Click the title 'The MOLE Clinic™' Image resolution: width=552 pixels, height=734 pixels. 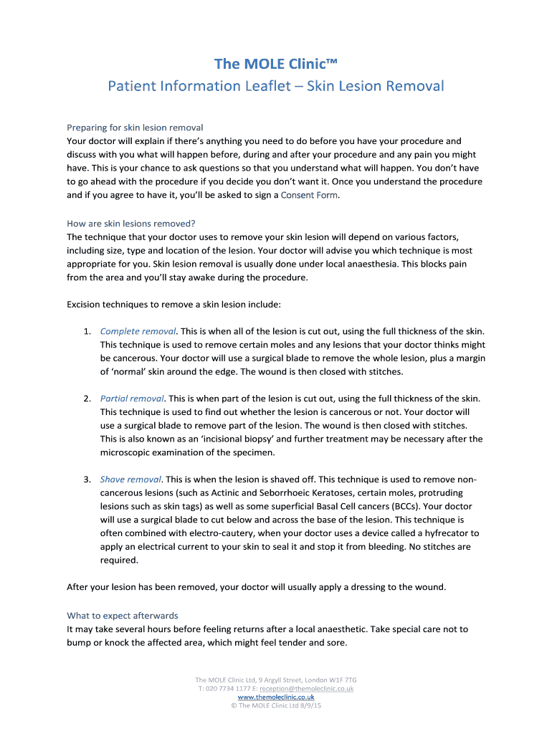[275, 64]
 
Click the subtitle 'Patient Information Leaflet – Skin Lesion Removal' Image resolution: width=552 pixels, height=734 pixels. [275, 86]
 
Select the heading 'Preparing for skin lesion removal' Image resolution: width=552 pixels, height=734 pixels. [135, 128]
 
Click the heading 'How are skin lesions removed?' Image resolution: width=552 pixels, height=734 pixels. [130, 223]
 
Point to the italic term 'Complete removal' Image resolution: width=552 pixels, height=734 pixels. [138, 331]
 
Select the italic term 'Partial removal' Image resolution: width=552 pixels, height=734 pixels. [132, 399]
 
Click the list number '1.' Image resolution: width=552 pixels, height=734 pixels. [86, 331]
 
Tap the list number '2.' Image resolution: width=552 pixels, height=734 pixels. [86, 399]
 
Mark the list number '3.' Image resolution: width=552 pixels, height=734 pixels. [86, 480]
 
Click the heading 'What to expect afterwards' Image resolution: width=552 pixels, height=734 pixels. [122, 615]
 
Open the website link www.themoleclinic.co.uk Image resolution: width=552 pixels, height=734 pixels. [275, 697]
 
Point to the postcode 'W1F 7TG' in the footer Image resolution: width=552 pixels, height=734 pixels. [342, 680]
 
